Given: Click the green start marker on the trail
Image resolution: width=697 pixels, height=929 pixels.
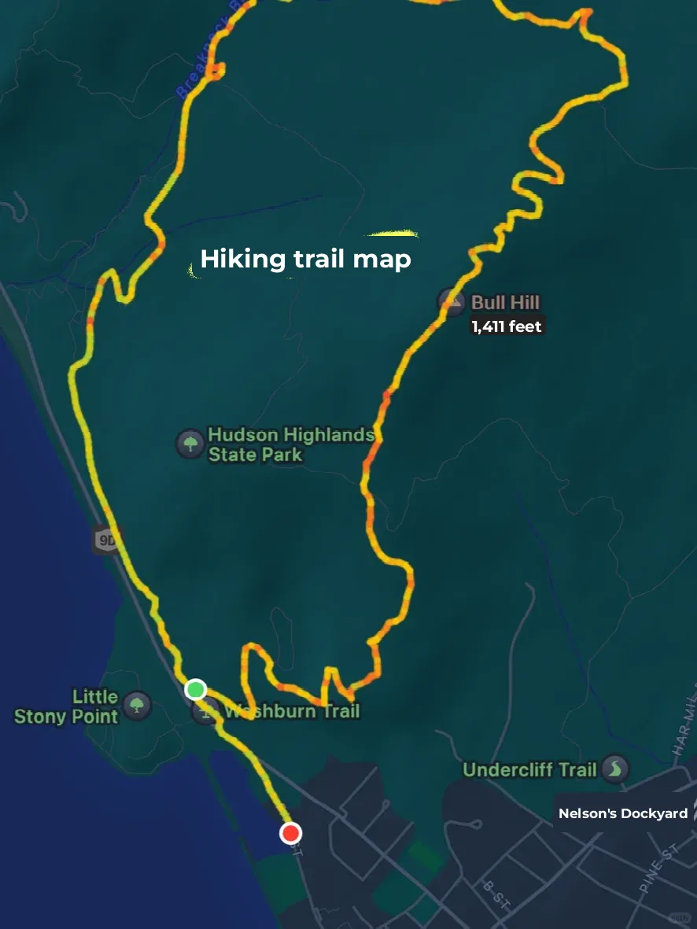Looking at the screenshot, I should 196,690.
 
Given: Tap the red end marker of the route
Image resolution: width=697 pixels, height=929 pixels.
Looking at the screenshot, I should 291,833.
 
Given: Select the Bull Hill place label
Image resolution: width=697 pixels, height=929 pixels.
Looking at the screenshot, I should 505,302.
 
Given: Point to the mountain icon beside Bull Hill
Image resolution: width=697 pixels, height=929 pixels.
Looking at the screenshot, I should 452,301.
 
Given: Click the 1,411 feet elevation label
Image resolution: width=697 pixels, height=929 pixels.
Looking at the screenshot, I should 507,326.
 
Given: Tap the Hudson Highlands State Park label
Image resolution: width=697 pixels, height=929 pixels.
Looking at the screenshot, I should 289,444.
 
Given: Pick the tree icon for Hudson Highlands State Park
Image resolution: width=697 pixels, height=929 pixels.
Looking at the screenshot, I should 190,443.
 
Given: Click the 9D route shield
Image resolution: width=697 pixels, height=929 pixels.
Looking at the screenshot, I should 105,540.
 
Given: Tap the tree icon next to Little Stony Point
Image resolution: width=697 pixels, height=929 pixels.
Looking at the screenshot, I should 137,704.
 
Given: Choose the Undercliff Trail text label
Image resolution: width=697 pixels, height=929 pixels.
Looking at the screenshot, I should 529,769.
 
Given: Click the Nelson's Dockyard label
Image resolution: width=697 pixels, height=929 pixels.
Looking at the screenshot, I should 623,813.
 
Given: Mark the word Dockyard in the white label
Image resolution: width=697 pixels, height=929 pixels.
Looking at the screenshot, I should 655,813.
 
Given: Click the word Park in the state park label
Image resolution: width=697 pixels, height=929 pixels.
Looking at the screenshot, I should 282,455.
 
